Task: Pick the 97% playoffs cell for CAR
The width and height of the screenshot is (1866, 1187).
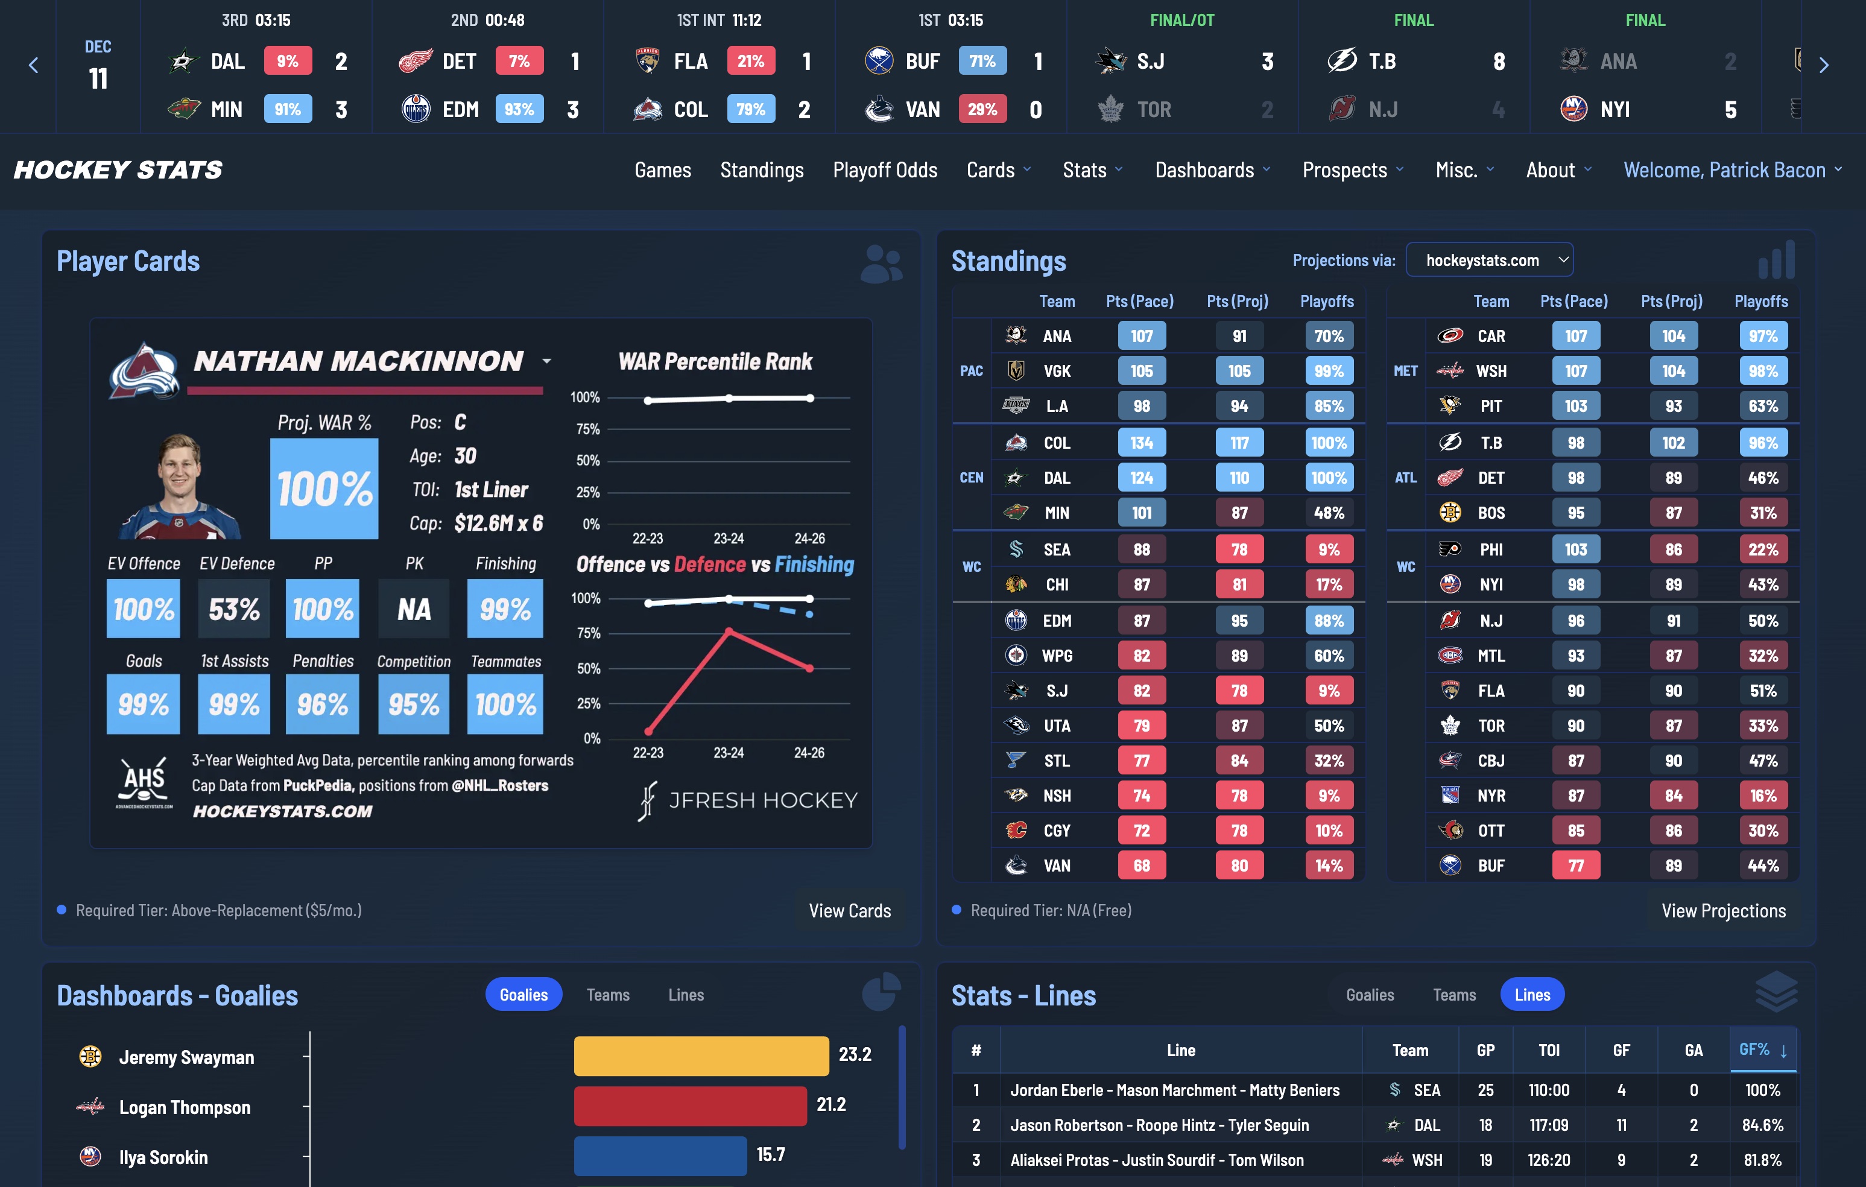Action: coord(1762,335)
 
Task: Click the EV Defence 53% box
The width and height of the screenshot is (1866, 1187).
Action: coord(234,609)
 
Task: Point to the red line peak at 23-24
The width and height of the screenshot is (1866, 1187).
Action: coord(729,631)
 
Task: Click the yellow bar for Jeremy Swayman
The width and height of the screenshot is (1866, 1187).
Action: coord(701,1056)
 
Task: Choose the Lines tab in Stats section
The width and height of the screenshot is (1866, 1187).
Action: coord(1531,995)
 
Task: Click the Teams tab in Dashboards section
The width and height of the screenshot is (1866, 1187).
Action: coord(607,995)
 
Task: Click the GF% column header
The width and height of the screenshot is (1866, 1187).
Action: coord(1760,1050)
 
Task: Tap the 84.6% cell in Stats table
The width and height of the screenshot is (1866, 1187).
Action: coord(1762,1125)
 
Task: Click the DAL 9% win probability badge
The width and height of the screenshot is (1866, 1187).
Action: coord(288,61)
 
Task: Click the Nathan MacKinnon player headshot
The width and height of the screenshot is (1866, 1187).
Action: coord(180,487)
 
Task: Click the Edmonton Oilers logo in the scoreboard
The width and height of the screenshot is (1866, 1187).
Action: coord(416,109)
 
